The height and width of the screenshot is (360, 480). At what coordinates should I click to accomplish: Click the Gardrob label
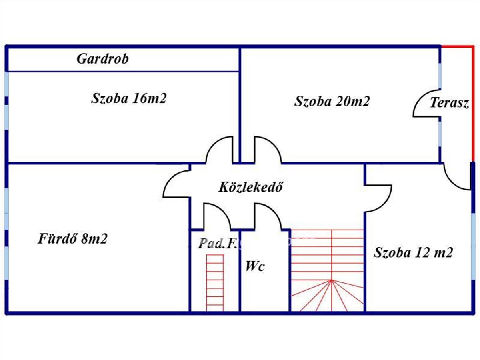pos(103,59)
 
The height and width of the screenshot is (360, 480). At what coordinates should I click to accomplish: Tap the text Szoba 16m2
pos(128,98)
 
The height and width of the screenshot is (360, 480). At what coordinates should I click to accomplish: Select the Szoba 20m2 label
pos(332,101)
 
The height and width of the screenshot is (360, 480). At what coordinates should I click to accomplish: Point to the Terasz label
pos(449,103)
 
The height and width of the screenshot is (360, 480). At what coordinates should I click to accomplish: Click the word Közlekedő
pos(251,187)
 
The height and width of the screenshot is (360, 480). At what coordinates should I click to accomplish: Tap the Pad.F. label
pos(215,244)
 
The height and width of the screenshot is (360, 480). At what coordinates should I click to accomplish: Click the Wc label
pos(255,266)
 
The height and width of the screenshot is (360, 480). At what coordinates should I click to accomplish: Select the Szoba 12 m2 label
pos(413,253)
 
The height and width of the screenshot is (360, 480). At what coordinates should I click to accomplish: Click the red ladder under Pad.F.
pos(215,282)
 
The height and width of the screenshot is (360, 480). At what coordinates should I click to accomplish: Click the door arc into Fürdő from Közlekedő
pos(176,184)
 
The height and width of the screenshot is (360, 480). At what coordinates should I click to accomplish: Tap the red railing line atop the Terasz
pos(457,47)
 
